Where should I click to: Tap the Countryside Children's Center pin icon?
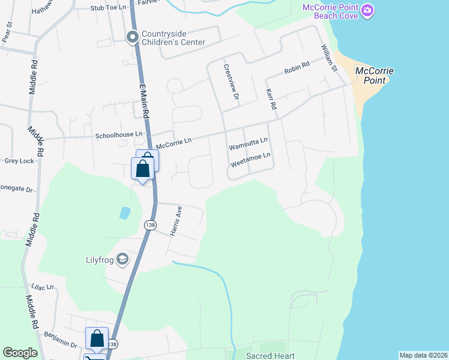tap(132, 38)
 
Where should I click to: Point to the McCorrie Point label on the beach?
tap(375, 75)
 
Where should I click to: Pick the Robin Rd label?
tap(297, 67)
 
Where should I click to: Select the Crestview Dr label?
tap(231, 82)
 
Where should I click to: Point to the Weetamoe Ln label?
tap(251, 158)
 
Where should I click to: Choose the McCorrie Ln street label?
tap(173, 143)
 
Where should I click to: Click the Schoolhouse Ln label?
tap(120, 135)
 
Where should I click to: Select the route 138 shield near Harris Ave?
tap(149, 224)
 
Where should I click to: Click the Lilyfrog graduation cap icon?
tap(122, 259)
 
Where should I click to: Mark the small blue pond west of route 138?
tap(124, 212)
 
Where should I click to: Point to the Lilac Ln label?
tap(43, 289)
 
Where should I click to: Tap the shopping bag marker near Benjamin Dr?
tap(97, 339)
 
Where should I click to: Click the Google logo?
tap(20, 353)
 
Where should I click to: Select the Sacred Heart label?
tap(270, 356)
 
